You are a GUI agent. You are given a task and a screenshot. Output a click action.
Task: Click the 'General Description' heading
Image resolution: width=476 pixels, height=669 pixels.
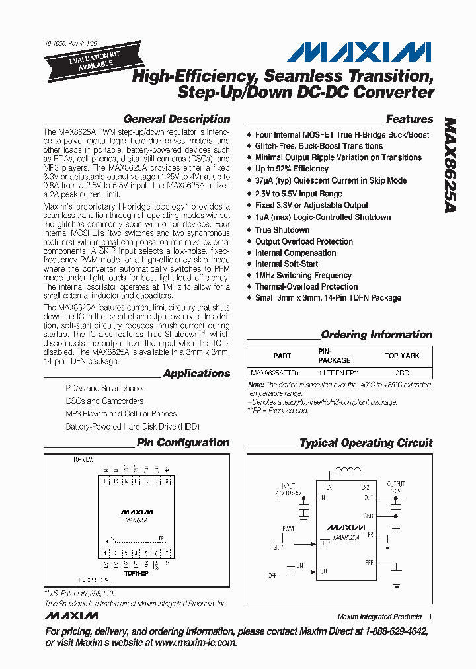click(177, 120)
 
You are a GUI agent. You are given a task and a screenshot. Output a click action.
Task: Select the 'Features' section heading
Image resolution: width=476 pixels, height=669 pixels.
click(409, 120)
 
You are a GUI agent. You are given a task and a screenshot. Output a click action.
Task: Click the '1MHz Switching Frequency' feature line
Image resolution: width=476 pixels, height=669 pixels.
click(303, 275)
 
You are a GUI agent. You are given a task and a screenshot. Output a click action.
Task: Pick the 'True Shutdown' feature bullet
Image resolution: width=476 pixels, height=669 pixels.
click(282, 230)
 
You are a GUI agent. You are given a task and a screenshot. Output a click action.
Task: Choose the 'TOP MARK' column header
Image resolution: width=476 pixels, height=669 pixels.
click(401, 356)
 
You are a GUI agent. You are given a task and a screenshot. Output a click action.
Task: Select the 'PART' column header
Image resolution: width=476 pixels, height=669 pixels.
click(282, 356)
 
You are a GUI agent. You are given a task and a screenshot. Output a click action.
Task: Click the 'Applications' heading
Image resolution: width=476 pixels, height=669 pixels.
click(196, 374)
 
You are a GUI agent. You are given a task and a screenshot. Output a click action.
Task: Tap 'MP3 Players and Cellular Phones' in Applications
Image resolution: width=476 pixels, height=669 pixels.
click(121, 414)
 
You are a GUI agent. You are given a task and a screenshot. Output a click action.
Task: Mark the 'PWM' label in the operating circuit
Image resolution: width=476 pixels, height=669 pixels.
click(288, 529)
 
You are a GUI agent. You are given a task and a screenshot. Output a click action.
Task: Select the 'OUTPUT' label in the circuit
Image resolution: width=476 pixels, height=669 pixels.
click(396, 485)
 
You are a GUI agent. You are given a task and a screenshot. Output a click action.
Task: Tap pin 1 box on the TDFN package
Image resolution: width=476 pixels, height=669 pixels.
click(106, 553)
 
